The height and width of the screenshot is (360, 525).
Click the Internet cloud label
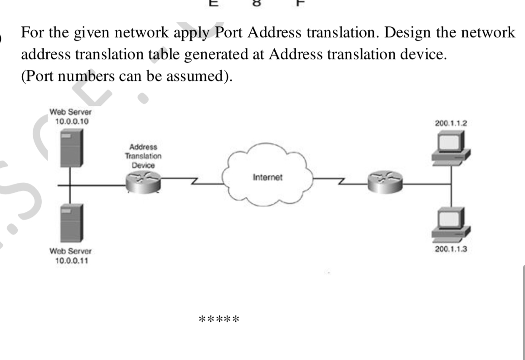pyautogui.click(x=267, y=177)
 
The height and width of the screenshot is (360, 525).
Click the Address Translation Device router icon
pyautogui.click(x=143, y=181)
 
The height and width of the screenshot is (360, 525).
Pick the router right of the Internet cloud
pyautogui.click(x=386, y=180)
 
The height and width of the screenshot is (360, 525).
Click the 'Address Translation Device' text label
pyautogui.click(x=143, y=156)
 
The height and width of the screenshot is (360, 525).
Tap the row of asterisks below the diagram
pyautogui.click(x=219, y=318)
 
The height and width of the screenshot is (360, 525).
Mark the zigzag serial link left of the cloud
pyautogui.click(x=193, y=182)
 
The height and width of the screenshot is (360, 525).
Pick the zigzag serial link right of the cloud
pyautogui.click(x=341, y=182)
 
